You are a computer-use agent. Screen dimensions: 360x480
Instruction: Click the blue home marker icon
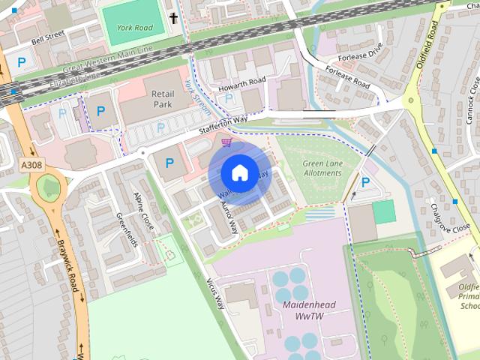[238, 172]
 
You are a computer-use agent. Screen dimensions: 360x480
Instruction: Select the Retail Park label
[163, 100]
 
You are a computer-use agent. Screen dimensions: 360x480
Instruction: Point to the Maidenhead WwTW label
[309, 312]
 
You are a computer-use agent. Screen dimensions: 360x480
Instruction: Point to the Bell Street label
[47, 35]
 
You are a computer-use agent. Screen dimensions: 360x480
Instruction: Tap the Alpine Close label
[143, 211]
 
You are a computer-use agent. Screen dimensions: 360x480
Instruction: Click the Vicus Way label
[215, 292]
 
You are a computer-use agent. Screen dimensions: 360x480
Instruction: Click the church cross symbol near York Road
[175, 18]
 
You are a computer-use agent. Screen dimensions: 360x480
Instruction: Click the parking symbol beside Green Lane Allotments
[365, 182]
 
